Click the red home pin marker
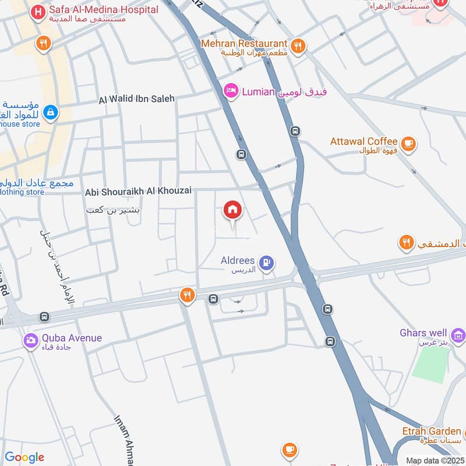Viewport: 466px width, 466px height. point(232,210)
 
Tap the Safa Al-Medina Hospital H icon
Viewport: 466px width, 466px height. point(38,11)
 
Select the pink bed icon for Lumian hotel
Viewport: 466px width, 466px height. point(231,91)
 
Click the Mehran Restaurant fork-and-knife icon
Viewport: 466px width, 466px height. point(298,45)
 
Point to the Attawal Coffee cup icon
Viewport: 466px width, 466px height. point(409,143)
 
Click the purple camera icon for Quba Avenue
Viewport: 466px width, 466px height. point(31,340)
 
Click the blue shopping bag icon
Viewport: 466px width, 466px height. point(50,112)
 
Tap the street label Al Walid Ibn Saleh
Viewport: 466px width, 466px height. point(137,99)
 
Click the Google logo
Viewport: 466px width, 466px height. point(24,457)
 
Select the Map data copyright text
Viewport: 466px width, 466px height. point(435,460)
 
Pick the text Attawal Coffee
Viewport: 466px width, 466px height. point(363,142)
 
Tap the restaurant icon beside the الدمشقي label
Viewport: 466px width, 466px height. point(407,242)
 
